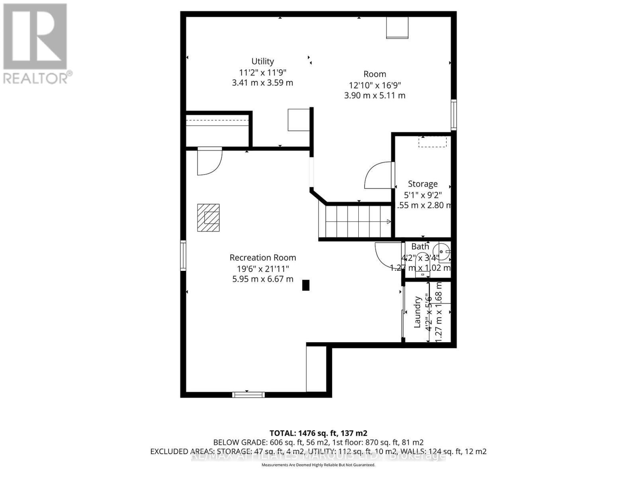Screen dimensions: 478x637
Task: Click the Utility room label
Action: [x=262, y=61]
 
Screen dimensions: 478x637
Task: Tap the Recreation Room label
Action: [x=263, y=258]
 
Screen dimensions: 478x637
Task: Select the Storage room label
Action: [x=422, y=184]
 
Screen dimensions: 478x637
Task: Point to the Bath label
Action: [x=420, y=247]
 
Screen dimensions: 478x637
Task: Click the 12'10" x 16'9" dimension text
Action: [x=375, y=85]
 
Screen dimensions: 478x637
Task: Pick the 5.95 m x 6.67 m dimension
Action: [x=263, y=279]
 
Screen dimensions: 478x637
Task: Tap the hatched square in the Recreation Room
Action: [x=208, y=217]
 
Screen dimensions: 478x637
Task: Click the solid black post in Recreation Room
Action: [x=306, y=285]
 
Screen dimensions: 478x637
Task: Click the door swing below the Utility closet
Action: [x=209, y=161]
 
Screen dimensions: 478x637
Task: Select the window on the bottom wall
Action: [x=248, y=395]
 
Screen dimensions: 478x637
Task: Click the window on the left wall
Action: [x=183, y=255]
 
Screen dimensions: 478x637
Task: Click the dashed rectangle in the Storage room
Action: [x=432, y=141]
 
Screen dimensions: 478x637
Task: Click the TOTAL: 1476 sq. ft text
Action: [x=318, y=433]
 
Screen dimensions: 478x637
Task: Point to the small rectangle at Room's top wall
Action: [x=397, y=28]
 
